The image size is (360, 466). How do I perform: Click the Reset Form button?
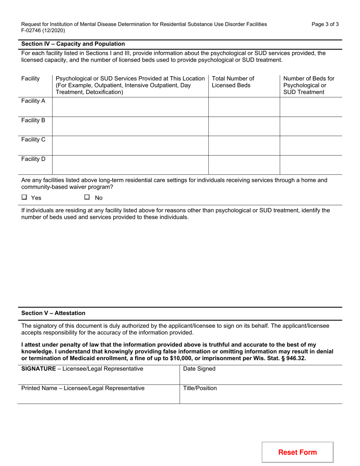(x=297, y=452)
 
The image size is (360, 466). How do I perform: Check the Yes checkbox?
(x=25, y=197)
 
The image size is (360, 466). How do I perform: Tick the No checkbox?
(x=87, y=197)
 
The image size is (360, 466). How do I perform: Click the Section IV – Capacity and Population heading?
(x=73, y=44)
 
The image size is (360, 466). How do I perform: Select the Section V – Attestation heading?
(x=53, y=313)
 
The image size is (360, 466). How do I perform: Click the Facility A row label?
(x=33, y=101)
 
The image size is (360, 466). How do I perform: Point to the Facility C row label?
(x=33, y=139)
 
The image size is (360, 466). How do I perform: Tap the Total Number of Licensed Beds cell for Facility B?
(x=244, y=126)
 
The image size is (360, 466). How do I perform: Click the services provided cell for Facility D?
(x=130, y=165)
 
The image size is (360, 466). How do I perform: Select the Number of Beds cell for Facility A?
(x=311, y=107)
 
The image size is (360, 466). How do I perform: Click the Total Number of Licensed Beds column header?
(x=233, y=82)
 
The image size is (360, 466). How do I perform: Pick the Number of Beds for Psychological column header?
(x=309, y=85)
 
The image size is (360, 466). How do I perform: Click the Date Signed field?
(x=260, y=375)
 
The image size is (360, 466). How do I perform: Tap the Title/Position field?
(x=260, y=394)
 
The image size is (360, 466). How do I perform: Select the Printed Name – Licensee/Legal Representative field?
(x=99, y=394)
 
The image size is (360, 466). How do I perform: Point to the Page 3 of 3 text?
(x=325, y=24)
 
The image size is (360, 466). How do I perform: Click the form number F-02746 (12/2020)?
(x=43, y=31)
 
